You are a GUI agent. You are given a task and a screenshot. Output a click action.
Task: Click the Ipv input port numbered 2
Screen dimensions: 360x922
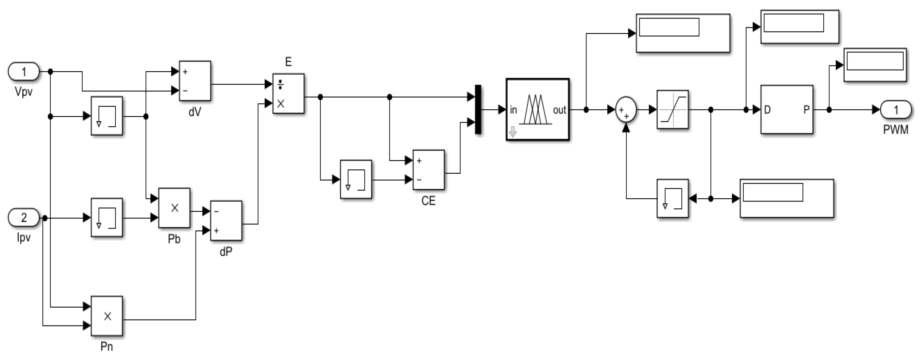tap(24, 217)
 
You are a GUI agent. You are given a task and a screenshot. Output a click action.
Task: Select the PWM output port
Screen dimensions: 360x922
tap(896, 109)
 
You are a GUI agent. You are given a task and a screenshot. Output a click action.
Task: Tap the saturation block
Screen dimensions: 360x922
tap(672, 109)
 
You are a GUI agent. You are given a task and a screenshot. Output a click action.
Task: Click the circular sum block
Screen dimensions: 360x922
tap(626, 110)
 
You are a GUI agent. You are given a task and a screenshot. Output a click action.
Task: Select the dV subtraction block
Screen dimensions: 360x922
tap(195, 81)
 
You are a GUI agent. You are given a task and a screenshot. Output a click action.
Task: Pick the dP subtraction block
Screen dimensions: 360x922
tap(226, 220)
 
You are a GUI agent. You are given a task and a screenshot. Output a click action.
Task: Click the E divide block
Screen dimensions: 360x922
tap(288, 94)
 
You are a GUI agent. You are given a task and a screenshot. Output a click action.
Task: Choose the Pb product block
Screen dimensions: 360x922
tap(174, 208)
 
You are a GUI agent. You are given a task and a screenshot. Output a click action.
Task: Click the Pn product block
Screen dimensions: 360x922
tap(107, 316)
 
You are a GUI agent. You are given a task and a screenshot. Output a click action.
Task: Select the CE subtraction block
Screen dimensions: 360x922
tap(428, 170)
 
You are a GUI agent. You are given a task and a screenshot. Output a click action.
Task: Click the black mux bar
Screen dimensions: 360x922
tap(478, 109)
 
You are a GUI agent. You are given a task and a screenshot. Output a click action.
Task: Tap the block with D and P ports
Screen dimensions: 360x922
tap(786, 109)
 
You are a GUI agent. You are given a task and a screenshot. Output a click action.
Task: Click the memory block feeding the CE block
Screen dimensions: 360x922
tap(356, 179)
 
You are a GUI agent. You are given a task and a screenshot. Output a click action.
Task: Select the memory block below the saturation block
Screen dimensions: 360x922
tap(672, 198)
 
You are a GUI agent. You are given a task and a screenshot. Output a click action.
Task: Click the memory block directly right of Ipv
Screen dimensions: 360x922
tap(107, 217)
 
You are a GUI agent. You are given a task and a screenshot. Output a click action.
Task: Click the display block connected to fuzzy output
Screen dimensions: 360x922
tap(683, 33)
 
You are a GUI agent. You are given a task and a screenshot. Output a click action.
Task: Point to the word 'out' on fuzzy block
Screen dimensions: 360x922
tap(559, 110)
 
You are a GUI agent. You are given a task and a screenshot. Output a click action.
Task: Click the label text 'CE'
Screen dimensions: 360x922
tap(428, 201)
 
